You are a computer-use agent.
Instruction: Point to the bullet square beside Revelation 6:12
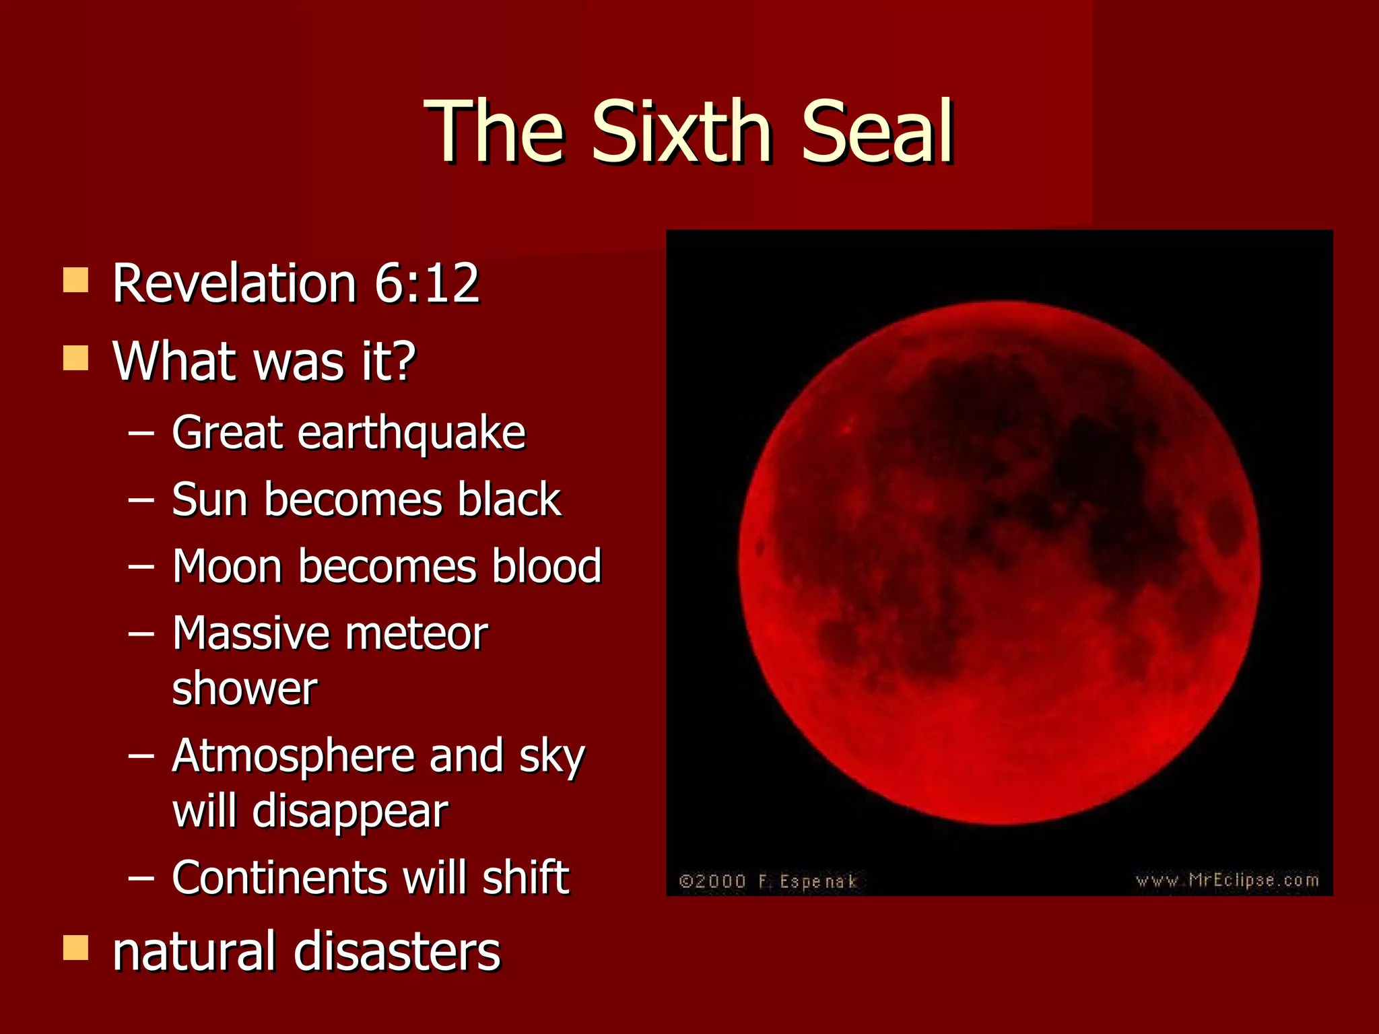pos(75,280)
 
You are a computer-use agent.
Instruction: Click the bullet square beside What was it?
pos(75,358)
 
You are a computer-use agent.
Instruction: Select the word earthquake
pos(411,434)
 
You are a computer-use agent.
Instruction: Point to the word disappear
pos(350,812)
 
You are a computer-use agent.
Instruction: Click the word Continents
pos(279,878)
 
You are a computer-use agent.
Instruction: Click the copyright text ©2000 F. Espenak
pos(768,881)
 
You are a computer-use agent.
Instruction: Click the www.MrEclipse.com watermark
pos(1227,880)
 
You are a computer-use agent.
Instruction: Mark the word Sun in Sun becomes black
pos(210,499)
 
